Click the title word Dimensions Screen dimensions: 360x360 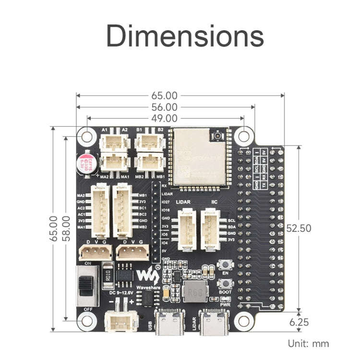coord(185,36)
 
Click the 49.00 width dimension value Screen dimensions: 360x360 coord(165,118)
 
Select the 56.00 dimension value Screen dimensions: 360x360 coord(165,107)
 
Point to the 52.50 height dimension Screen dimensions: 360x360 coord(299,228)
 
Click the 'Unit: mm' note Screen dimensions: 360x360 coord(308,343)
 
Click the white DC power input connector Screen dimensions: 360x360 coord(118,320)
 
